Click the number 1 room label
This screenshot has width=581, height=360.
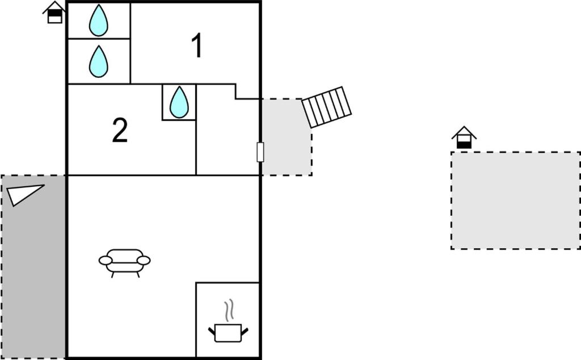point(196,47)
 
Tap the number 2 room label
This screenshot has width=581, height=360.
point(120,131)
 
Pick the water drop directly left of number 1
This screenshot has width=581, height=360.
point(99,61)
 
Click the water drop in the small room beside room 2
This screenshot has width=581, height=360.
point(179,102)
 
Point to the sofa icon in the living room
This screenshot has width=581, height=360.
point(125,262)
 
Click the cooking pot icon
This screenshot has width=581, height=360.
point(228,332)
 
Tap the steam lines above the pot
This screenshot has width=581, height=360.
point(229,311)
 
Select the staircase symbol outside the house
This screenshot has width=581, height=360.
point(326,107)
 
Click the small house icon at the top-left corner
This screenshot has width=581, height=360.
point(54,12)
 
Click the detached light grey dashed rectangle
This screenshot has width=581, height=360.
point(515,200)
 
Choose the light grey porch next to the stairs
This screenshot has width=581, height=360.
point(287,136)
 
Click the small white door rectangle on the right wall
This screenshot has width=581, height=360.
point(260,152)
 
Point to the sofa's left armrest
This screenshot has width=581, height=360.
point(106,261)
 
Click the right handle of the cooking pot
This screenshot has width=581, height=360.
point(245,330)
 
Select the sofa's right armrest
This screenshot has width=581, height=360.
point(144,261)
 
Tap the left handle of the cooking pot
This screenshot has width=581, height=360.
point(212,330)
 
